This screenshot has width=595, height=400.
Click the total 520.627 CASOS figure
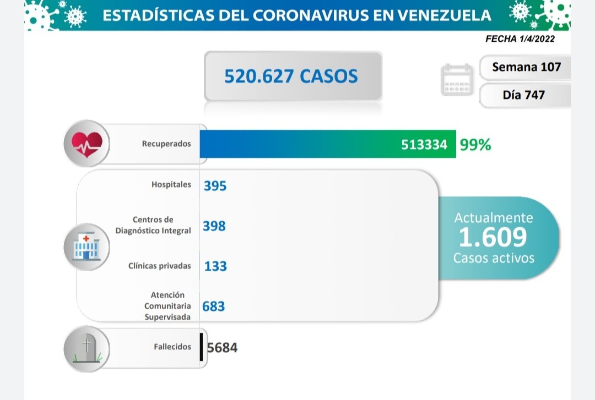pyautogui.click(x=291, y=76)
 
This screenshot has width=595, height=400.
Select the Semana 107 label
pyautogui.click(x=526, y=67)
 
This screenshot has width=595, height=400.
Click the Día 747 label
pyautogui.click(x=523, y=95)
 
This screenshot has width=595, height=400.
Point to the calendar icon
pyautogui.click(x=457, y=80)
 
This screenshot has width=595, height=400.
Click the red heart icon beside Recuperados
pyautogui.click(x=86, y=144)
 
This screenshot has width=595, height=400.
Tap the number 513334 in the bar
pyautogui.click(x=424, y=145)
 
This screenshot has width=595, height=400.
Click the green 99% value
pyautogui.click(x=475, y=145)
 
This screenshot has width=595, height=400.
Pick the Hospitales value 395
pyautogui.click(x=215, y=186)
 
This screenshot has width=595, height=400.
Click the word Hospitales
pyautogui.click(x=171, y=185)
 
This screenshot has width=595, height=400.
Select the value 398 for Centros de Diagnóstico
pyautogui.click(x=214, y=226)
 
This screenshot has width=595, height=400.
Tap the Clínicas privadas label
pyautogui.click(x=159, y=266)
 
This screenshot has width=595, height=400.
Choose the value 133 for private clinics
pyautogui.click(x=215, y=266)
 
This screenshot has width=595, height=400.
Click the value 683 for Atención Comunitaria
pyautogui.click(x=214, y=306)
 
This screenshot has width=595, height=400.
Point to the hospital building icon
pyautogui.click(x=86, y=246)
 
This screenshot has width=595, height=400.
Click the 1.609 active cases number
pyautogui.click(x=493, y=237)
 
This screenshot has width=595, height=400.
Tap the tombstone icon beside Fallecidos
pyautogui.click(x=86, y=348)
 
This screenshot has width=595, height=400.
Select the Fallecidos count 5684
pyautogui.click(x=223, y=348)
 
